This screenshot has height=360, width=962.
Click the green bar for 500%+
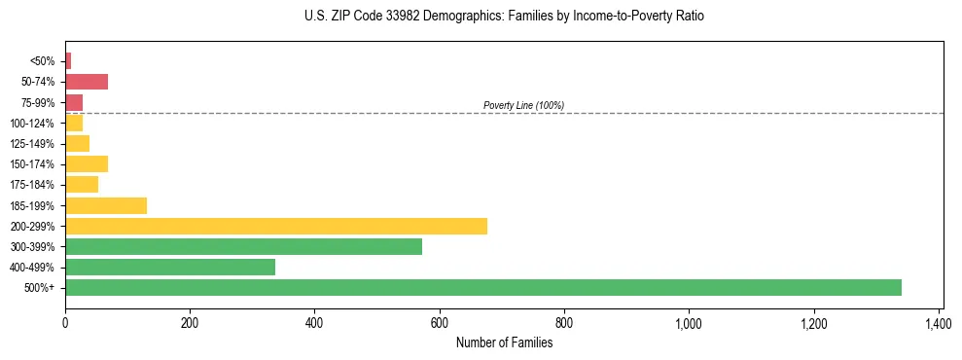tap(483, 287)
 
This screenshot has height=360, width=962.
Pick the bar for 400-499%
tap(170, 267)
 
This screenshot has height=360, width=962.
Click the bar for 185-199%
tap(106, 205)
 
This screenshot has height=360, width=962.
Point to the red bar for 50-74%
tap(87, 82)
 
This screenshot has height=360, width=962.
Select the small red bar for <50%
tap(68, 61)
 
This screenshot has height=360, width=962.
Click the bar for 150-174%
tap(87, 163)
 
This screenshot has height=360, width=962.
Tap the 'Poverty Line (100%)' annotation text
tap(523, 105)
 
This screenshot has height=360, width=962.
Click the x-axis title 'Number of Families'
tap(504, 342)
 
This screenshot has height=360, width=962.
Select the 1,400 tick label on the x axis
tap(939, 322)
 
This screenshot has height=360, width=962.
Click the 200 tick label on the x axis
tap(190, 322)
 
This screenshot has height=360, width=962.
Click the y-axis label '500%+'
tap(42, 288)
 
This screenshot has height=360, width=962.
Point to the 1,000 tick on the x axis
tap(689, 322)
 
